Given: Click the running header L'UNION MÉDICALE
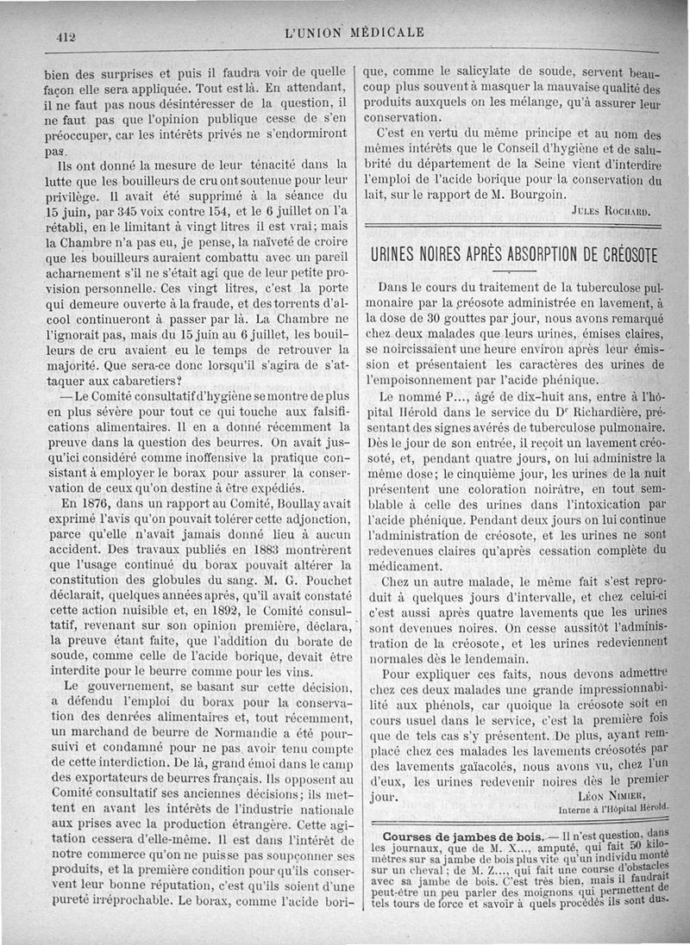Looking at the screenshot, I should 353,34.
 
